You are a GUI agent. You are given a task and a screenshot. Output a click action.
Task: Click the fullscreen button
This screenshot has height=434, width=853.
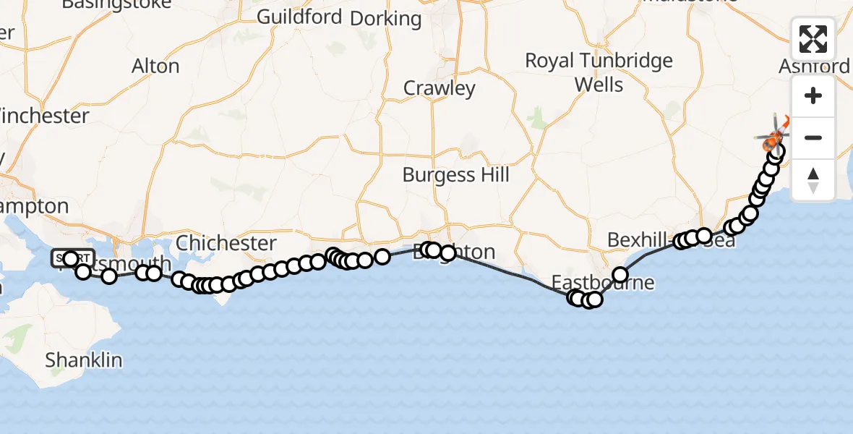(x=813, y=39)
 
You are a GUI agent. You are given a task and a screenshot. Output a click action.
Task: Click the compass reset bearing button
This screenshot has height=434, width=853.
(x=813, y=179)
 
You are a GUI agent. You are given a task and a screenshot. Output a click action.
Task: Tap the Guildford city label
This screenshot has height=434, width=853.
(x=299, y=17)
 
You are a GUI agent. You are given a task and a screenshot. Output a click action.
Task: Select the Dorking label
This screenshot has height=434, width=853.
(x=385, y=19)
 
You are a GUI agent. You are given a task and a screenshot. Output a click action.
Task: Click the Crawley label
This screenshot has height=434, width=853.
(x=440, y=88)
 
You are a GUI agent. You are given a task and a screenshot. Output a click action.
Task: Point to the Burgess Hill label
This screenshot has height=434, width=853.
(x=455, y=174)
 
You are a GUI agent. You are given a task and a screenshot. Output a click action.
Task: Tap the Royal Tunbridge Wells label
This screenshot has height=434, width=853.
(x=599, y=72)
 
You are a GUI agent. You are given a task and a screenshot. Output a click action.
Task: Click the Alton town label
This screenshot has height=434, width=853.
(x=155, y=66)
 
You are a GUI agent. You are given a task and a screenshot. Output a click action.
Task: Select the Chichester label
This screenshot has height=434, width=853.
(x=226, y=243)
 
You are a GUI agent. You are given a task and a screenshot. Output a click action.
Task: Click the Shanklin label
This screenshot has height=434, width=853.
(x=84, y=359)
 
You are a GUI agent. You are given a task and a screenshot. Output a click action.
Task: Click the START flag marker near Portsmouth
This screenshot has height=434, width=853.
(x=72, y=258)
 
